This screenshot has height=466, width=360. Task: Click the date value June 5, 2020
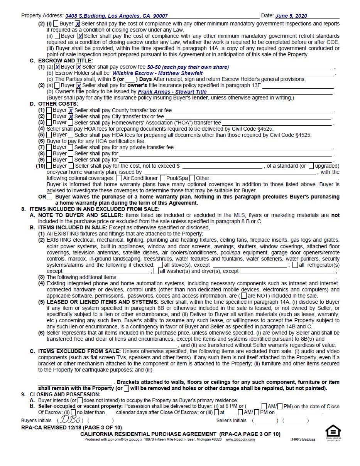(291, 16)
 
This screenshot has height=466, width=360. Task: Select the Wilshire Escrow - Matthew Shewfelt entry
(157, 73)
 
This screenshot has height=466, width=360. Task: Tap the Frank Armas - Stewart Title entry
(172, 92)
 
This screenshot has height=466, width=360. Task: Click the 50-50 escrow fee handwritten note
(188, 67)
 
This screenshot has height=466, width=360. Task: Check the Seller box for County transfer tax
(71, 111)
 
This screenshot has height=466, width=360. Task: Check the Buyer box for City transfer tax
(49, 116)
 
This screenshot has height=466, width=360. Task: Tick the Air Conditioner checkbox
(119, 178)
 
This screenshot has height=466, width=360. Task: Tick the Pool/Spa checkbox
(163, 178)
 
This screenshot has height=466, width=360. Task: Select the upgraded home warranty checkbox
(311, 166)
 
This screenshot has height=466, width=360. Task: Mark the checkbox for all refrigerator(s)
(295, 265)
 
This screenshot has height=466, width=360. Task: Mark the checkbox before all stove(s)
(160, 265)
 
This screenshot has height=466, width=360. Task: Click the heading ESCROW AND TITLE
(65, 61)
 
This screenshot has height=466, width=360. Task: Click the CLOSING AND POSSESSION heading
(65, 394)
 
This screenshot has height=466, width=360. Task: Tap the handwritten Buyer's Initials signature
(70, 420)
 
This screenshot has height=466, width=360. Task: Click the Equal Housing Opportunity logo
(333, 432)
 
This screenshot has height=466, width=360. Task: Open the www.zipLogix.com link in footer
(240, 439)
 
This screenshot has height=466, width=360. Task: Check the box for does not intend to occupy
(80, 400)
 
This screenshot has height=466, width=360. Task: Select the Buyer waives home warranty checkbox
(49, 197)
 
